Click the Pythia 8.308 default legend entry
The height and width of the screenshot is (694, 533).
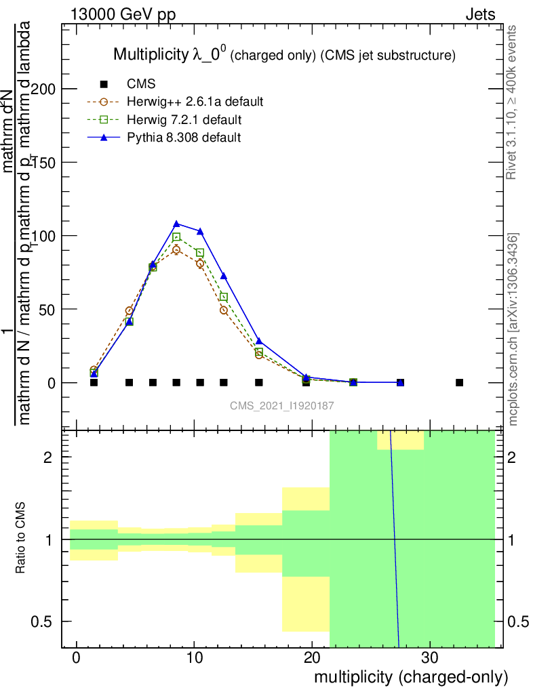[x=183, y=138]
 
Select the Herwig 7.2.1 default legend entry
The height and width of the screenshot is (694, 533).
[x=184, y=120]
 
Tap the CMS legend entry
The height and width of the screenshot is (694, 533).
[x=141, y=84]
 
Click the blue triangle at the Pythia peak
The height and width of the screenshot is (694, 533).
[x=176, y=224]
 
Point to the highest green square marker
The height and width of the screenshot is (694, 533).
[x=176, y=237]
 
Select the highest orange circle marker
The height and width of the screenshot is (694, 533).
[x=176, y=250]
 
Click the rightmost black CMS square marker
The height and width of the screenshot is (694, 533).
[x=459, y=382]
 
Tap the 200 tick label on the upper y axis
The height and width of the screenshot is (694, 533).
[x=47, y=89]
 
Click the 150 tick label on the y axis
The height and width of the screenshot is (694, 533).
[x=47, y=162]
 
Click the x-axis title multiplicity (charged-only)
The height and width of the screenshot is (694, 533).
[x=410, y=676]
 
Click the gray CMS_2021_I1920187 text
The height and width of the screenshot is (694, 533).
[x=281, y=405]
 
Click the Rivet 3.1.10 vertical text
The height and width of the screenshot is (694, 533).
[x=513, y=102]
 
